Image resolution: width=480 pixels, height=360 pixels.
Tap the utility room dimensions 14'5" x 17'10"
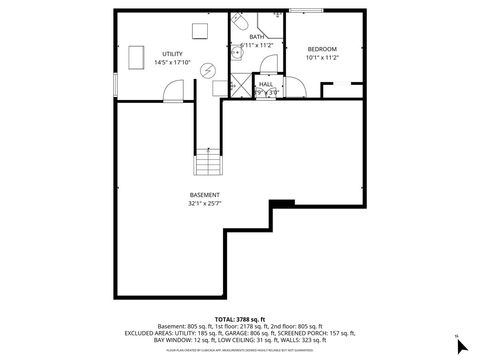click(172, 62)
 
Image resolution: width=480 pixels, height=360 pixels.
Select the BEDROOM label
click(322, 49)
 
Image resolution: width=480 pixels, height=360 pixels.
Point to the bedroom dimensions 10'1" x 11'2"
click(322, 58)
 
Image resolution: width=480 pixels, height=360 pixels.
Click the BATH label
click(257, 36)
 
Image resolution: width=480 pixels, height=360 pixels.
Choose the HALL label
click(265, 84)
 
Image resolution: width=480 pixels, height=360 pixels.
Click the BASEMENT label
click(204, 194)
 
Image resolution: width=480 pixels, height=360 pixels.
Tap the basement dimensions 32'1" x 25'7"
click(204, 203)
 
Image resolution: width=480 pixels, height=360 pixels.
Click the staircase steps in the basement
click(205, 163)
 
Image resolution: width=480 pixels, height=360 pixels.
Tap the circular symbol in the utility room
click(207, 70)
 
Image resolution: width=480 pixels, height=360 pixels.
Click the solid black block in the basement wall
click(283, 204)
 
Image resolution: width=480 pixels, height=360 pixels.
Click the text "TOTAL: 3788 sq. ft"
click(239, 319)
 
